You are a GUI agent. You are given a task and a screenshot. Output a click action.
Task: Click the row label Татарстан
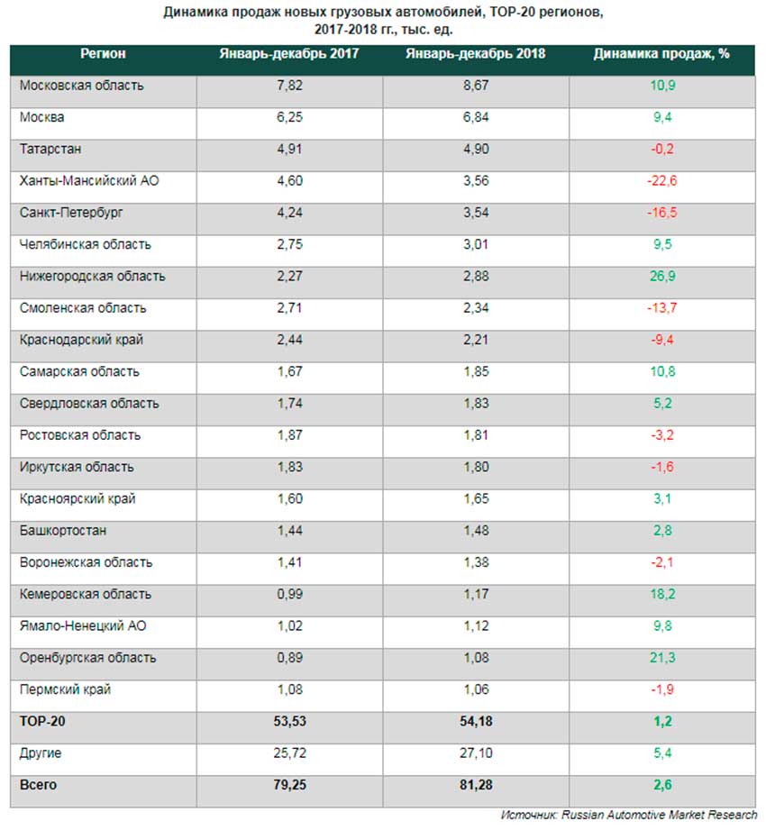[x=50, y=150]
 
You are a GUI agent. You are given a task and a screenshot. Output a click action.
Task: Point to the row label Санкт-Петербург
[x=71, y=213]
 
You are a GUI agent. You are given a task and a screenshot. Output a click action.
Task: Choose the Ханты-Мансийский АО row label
[x=90, y=181]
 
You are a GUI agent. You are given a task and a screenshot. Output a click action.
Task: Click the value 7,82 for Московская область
[x=288, y=86]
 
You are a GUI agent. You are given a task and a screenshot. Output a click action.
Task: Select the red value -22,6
[x=661, y=181]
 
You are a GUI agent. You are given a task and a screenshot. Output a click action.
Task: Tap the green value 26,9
[x=661, y=277]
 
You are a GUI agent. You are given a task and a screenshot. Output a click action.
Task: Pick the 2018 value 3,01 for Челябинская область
[x=475, y=245]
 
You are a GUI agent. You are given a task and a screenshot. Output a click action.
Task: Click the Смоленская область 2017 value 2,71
[x=288, y=308]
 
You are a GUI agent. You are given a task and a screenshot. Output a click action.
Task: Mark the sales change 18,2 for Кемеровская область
[x=661, y=594]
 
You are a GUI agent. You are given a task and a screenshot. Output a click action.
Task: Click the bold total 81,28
[x=475, y=785]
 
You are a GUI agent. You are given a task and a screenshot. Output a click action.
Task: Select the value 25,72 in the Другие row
[x=288, y=752]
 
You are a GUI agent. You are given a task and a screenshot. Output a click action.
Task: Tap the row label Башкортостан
[x=63, y=531]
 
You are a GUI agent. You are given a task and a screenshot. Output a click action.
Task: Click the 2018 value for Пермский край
[x=475, y=689]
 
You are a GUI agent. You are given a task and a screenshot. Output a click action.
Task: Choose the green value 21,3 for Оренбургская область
[x=661, y=658]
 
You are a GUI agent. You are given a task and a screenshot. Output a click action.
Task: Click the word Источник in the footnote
[x=529, y=814]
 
